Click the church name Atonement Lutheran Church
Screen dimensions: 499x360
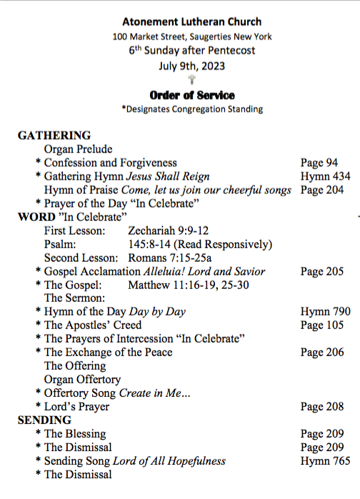click(x=191, y=22)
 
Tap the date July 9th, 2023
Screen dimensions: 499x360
click(x=191, y=65)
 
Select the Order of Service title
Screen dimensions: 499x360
click(x=192, y=95)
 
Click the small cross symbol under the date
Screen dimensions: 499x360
click(x=191, y=80)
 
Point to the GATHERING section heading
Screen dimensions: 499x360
click(x=54, y=135)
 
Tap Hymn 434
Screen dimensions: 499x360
click(x=325, y=176)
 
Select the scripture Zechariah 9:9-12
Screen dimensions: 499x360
click(x=168, y=231)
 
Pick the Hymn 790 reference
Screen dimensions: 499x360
click(x=325, y=312)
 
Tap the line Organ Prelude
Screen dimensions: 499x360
click(x=79, y=149)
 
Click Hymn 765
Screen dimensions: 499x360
click(x=325, y=461)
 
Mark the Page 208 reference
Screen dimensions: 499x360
click(x=322, y=407)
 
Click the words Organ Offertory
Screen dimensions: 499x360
click(x=83, y=380)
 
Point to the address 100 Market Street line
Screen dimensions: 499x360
click(x=191, y=36)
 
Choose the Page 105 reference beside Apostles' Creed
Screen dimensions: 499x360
click(x=322, y=325)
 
